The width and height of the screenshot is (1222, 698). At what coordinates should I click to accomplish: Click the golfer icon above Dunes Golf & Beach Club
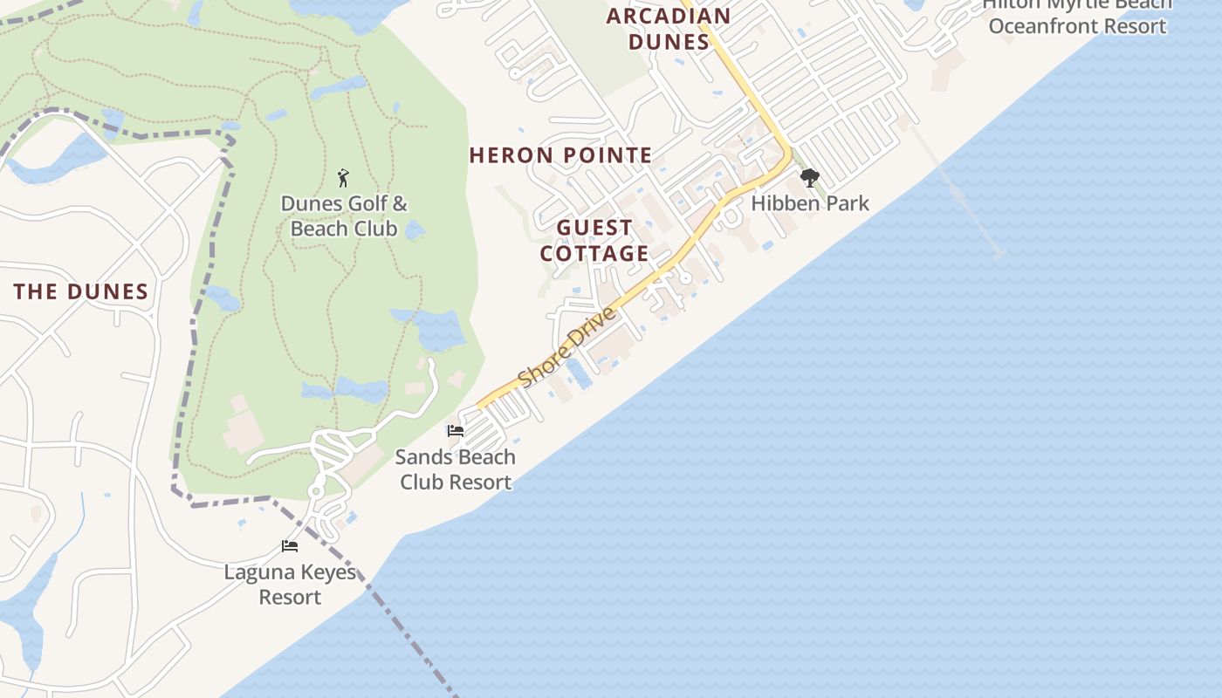click(343, 179)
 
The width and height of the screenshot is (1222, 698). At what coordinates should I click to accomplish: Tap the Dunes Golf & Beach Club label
click(343, 216)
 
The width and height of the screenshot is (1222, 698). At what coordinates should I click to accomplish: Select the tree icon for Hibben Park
click(810, 179)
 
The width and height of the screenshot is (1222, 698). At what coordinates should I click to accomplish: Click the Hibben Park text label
click(810, 203)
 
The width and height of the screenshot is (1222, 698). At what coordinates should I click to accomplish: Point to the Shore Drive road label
click(567, 347)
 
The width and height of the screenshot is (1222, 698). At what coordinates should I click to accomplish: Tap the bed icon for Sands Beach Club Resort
click(455, 431)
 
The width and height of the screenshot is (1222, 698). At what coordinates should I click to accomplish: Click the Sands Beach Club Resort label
click(455, 469)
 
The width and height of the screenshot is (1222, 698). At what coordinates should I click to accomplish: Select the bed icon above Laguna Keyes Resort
click(290, 546)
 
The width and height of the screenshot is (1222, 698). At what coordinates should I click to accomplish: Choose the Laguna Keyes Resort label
click(290, 585)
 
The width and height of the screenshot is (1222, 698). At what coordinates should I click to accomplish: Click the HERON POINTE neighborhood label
click(560, 155)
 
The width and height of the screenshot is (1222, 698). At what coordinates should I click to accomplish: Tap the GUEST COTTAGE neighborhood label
click(594, 241)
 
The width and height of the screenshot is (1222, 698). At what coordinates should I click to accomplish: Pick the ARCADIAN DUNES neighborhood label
click(669, 29)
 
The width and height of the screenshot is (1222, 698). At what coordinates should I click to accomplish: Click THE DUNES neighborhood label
click(81, 292)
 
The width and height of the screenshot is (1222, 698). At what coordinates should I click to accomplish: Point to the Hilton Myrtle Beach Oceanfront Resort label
click(1077, 16)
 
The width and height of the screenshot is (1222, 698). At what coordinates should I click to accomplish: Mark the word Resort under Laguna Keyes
click(290, 598)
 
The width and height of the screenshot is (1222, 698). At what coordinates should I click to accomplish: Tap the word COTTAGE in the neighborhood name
click(594, 254)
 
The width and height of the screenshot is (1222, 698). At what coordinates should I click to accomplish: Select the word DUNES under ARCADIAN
click(669, 42)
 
